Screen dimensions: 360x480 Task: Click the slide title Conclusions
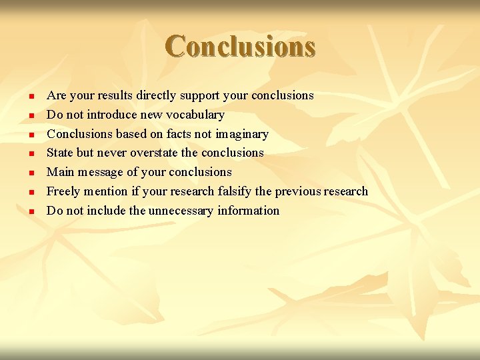240,47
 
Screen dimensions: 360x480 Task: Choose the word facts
179,134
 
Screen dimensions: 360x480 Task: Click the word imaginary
241,134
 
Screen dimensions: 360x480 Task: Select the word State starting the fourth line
61,153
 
